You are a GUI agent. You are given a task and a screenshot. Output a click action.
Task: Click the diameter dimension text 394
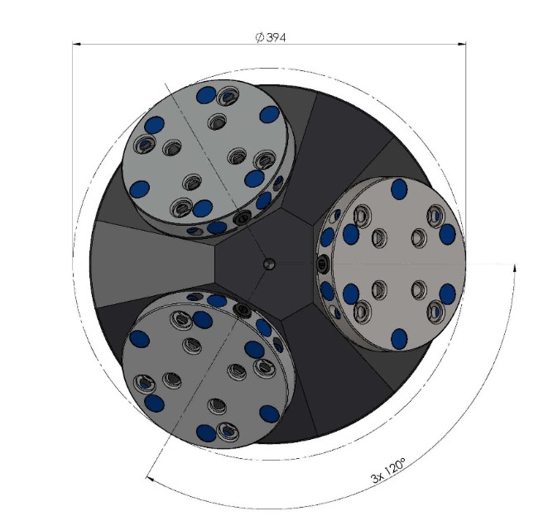[276, 36]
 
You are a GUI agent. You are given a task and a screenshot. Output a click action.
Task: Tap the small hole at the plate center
[268, 264]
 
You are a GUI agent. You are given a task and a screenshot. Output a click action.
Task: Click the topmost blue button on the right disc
[399, 189]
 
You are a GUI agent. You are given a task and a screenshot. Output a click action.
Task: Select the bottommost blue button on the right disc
[399, 337]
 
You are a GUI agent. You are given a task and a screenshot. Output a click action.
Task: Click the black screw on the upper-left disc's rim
[242, 220]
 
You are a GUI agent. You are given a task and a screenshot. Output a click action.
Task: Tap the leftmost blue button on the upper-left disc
[140, 189]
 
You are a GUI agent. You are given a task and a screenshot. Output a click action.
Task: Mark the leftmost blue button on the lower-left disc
[139, 339]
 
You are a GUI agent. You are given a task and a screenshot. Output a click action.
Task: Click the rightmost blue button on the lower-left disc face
[268, 413]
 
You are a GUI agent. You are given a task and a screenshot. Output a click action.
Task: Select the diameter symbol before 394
[259, 36]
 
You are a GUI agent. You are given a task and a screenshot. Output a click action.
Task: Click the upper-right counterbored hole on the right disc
[435, 217]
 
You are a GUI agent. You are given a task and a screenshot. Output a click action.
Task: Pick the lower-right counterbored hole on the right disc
[435, 311]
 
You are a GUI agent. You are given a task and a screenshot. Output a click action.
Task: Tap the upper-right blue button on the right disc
[447, 234]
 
